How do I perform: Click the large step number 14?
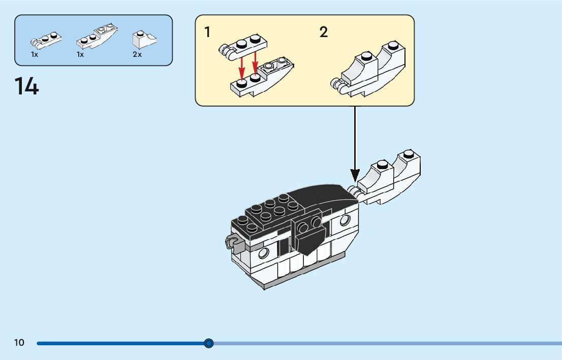[26, 86]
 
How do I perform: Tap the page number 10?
[19, 343]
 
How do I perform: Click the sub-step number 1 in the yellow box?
[207, 32]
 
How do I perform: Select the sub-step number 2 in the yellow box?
[324, 32]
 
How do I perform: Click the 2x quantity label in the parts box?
[137, 54]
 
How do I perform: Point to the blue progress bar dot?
[209, 343]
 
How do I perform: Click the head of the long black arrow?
[355, 175]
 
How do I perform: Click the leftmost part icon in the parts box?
[46, 40]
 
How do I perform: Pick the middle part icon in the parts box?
[97, 38]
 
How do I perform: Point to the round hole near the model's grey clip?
[263, 253]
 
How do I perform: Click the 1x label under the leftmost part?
[35, 54]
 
